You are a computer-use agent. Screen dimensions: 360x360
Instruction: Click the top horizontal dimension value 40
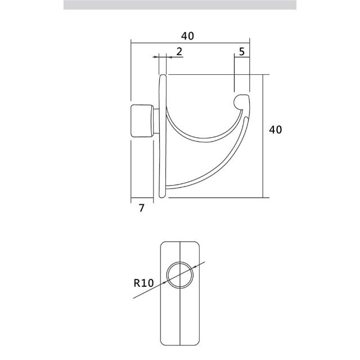click(187, 36)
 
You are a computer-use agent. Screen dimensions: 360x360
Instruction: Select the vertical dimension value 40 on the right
click(276, 130)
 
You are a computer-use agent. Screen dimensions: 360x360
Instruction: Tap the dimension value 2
click(179, 51)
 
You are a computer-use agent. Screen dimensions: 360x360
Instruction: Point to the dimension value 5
click(242, 52)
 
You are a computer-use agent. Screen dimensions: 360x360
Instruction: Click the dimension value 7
click(142, 208)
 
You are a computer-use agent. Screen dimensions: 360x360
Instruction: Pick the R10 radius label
click(143, 283)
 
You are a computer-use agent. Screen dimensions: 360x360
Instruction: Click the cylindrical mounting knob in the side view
click(142, 121)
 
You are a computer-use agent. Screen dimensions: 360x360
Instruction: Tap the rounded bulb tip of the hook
click(241, 101)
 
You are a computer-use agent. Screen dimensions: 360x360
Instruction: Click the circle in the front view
click(180, 275)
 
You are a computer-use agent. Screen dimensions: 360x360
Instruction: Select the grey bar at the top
click(180, 5)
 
